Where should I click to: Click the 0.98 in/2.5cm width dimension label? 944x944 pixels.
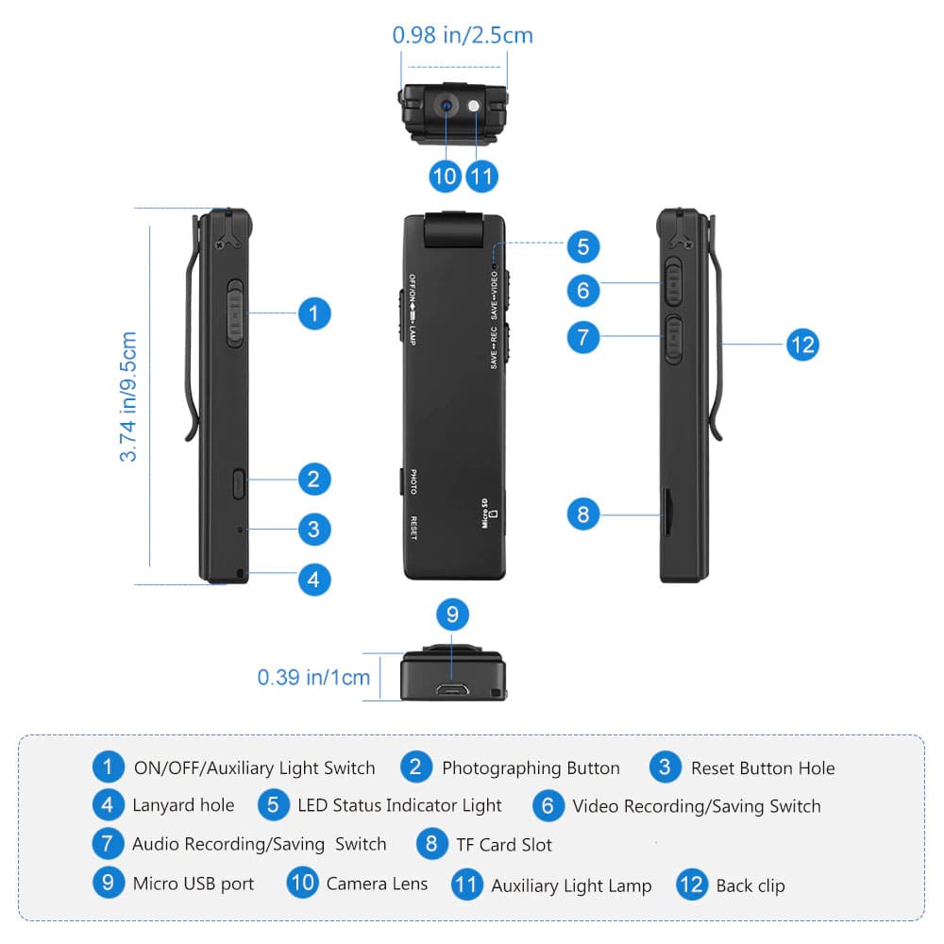(463, 36)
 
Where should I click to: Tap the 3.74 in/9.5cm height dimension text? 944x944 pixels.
(129, 396)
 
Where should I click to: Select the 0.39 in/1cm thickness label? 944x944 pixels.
(313, 677)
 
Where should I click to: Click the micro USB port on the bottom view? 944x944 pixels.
(451, 688)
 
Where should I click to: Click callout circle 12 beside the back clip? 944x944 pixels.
(801, 345)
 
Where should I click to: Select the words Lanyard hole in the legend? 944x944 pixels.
(183, 805)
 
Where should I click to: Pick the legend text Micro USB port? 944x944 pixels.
(194, 884)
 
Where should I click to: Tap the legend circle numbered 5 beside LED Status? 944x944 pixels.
(273, 805)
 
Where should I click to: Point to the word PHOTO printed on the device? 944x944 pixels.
(413, 482)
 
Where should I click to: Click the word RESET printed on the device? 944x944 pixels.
(413, 527)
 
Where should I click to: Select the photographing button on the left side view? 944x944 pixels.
(237, 484)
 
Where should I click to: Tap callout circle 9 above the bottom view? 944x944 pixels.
(452, 615)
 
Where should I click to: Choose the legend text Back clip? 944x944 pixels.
(750, 885)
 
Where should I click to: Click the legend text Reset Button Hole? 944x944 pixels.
(763, 767)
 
